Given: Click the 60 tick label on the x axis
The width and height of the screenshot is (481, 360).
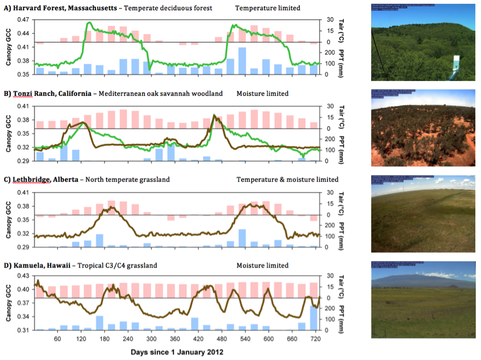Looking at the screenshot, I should (58, 339).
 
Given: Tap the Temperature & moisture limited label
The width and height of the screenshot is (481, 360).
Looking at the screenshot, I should (287, 180).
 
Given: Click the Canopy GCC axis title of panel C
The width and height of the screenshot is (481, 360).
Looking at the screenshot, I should (9, 218).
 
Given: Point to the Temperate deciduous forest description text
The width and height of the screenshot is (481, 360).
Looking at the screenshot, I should (168, 8).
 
